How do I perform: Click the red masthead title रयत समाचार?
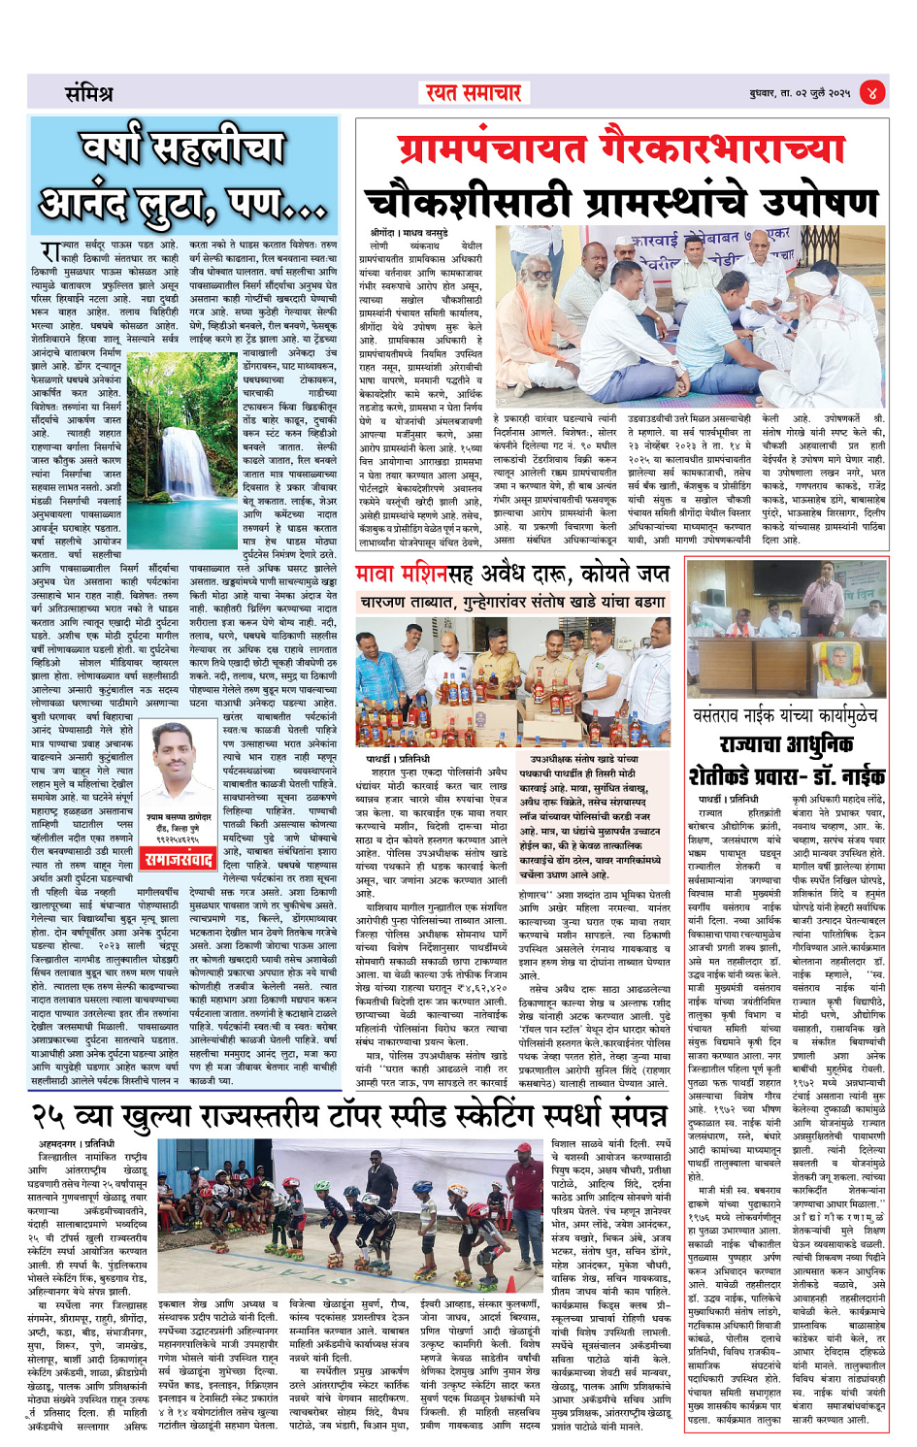(x=473, y=93)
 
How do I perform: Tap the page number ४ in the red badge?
(x=872, y=93)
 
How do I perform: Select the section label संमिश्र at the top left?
(x=88, y=94)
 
